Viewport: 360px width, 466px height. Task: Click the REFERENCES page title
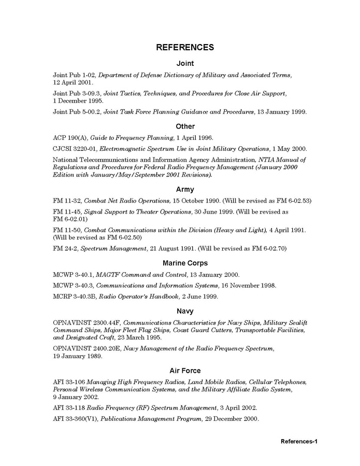(x=185, y=47)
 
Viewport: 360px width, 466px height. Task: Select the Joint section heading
(x=185, y=63)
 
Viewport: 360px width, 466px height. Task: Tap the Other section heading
(x=185, y=126)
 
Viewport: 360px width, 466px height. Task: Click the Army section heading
(x=185, y=189)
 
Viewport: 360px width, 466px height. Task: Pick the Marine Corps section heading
(x=185, y=263)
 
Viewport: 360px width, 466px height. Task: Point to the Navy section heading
(x=185, y=311)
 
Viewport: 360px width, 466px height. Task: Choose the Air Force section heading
(x=185, y=371)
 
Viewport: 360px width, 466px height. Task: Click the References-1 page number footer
(x=298, y=442)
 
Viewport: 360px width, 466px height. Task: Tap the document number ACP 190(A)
(x=69, y=138)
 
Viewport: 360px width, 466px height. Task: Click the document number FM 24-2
(x=65, y=249)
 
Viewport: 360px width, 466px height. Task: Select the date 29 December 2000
(x=231, y=419)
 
